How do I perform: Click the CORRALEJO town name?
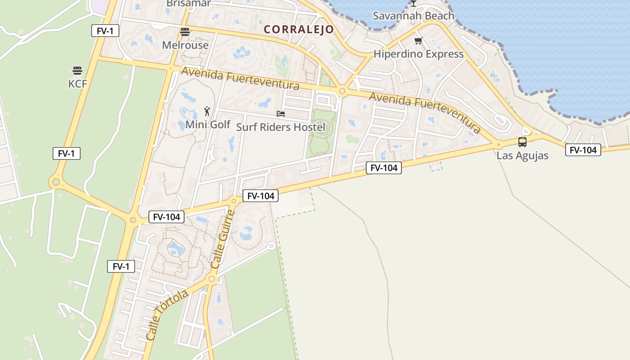[x=299, y=30]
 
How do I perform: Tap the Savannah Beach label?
[x=413, y=16]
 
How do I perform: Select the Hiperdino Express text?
[x=418, y=54]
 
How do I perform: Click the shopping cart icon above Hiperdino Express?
[x=418, y=41]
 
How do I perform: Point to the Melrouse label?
[x=185, y=45]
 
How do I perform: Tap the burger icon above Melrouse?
[x=185, y=32]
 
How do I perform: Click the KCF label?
[x=77, y=84]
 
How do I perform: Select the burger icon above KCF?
[x=77, y=71]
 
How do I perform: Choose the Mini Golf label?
[x=208, y=125]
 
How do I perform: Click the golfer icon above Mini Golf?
[x=207, y=111]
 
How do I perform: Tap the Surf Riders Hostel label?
[x=280, y=127]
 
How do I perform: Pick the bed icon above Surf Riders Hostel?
[x=281, y=114]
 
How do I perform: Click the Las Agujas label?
[x=522, y=156]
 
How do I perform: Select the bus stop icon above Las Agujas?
[x=522, y=142]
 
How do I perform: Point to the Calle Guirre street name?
[x=223, y=239]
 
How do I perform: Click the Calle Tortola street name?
[x=167, y=315]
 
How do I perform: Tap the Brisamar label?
[x=189, y=4]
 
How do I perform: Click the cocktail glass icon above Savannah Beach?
[x=413, y=4]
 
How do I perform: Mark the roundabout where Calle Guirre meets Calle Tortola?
[x=212, y=279]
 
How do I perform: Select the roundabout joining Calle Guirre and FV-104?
[x=234, y=201]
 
